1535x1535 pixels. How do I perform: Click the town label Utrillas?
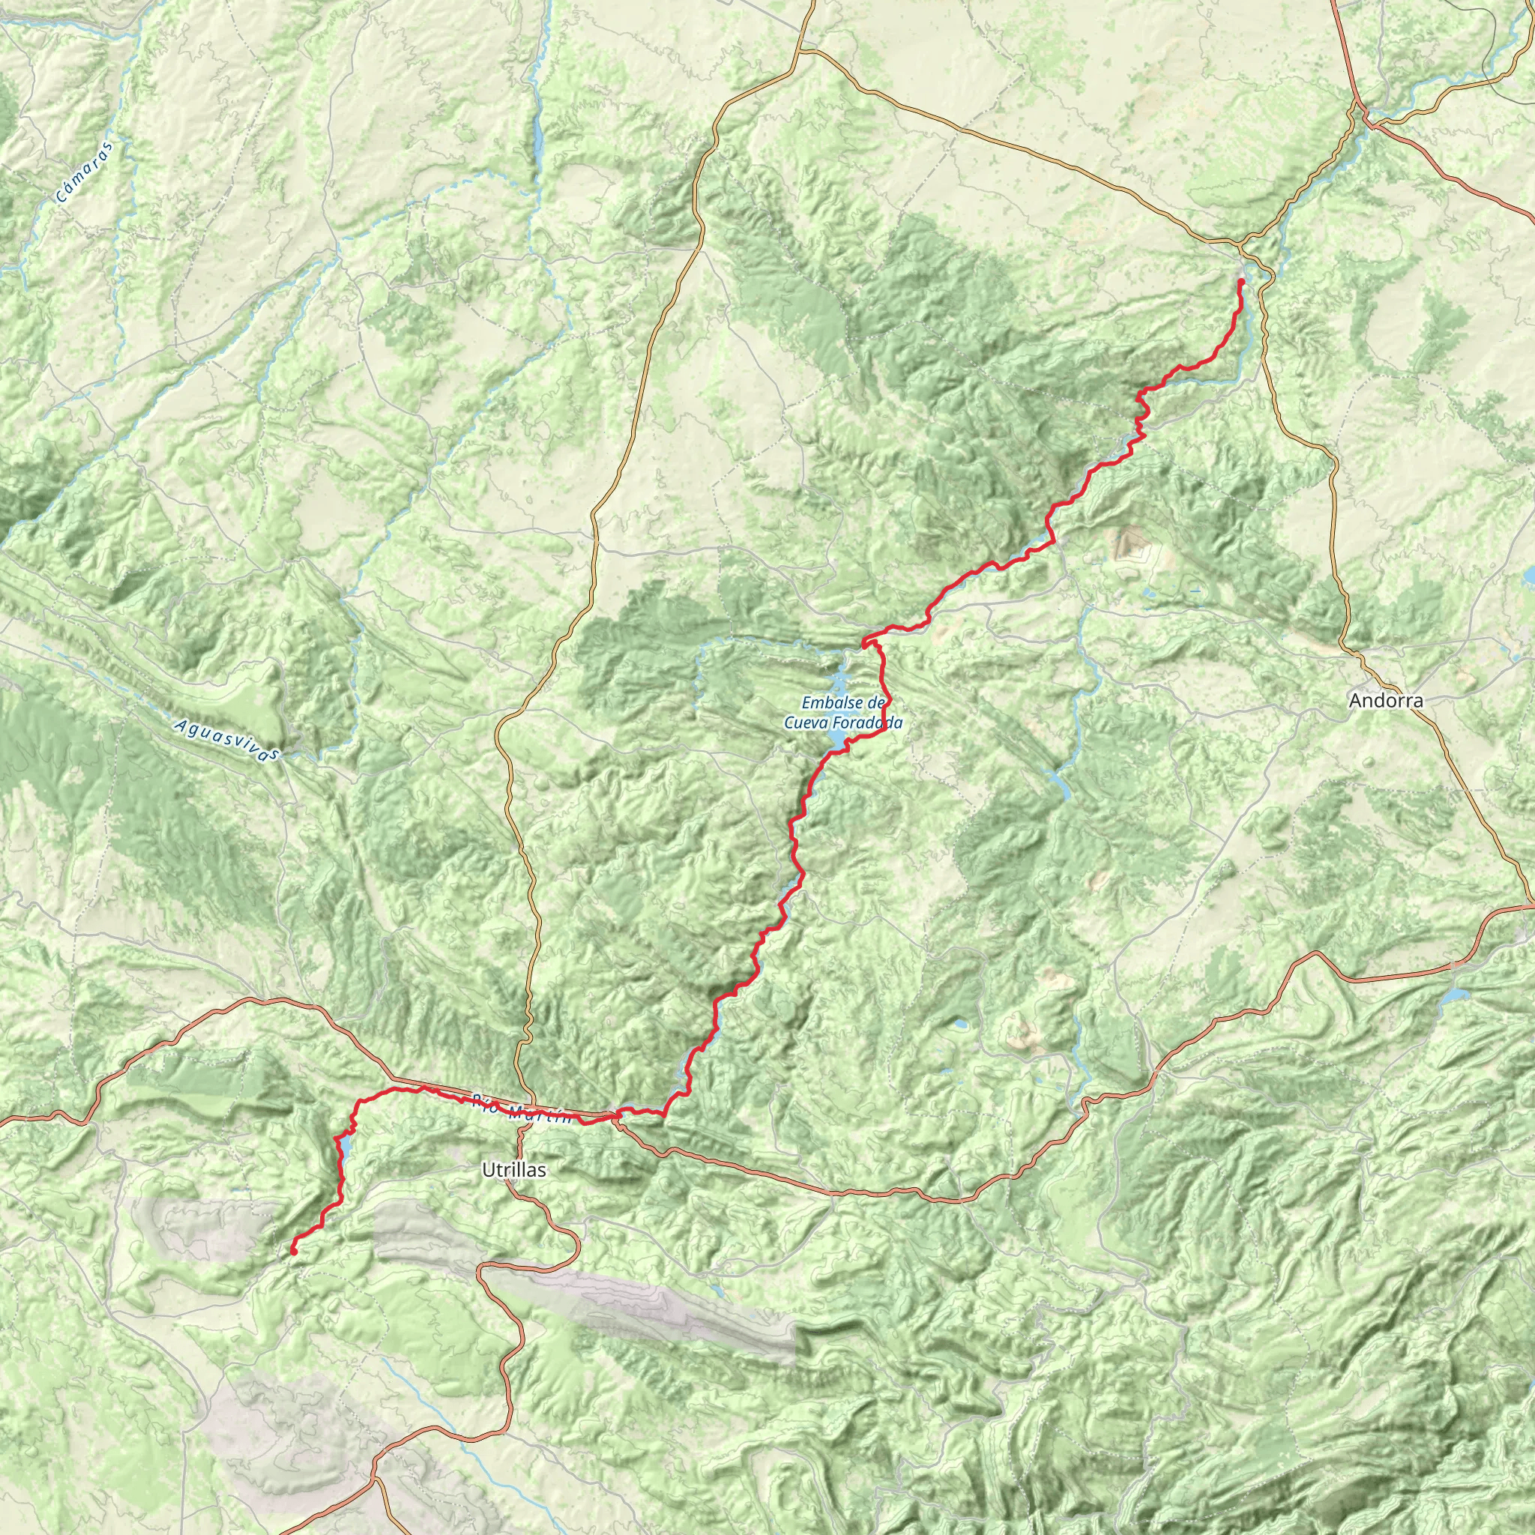[513, 1169]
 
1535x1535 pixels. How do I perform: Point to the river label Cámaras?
[85, 172]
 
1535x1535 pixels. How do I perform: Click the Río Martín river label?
[521, 1109]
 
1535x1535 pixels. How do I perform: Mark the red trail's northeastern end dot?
[1241, 281]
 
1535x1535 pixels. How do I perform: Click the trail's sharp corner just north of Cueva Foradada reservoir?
[864, 639]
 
